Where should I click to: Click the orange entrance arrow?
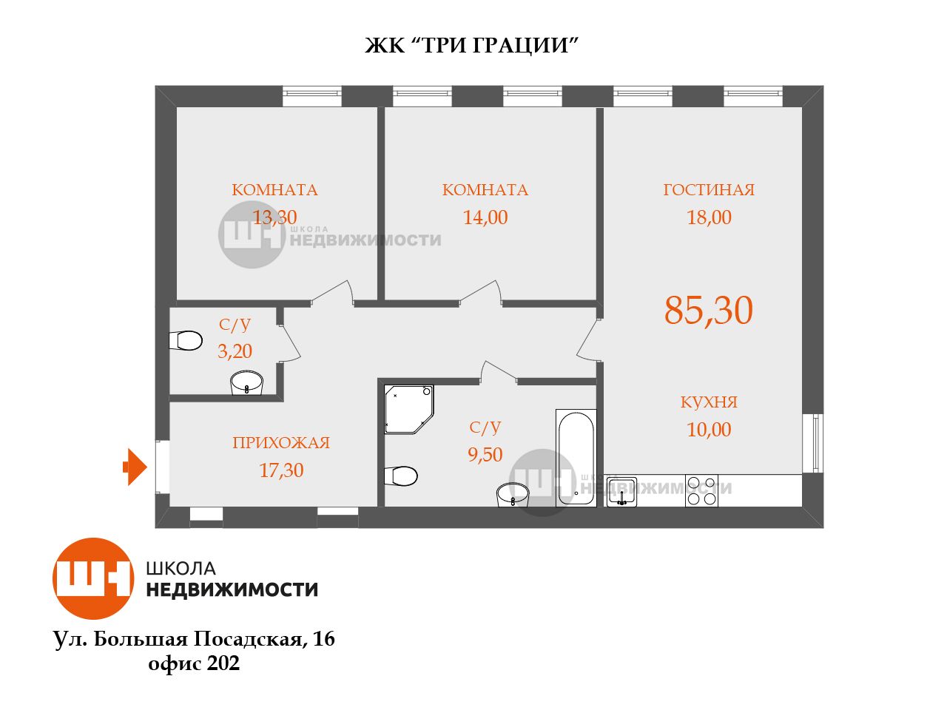135,467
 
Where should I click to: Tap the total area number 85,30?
709,311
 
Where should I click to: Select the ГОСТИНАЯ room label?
709,189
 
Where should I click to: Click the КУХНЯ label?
709,402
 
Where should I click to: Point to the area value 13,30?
274,217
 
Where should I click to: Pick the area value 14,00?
485,217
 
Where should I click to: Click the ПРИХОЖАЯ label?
281,443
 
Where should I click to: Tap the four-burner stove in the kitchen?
702,490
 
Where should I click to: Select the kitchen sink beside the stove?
621,492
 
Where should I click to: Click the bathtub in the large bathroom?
576,458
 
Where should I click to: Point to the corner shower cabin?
408,410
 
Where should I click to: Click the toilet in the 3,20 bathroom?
186,340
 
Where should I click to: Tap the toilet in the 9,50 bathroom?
401,476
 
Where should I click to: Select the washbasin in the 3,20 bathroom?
246,383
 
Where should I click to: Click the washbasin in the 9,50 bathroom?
513,495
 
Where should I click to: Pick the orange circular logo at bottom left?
93,578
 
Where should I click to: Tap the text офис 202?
194,663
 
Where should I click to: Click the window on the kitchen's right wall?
814,443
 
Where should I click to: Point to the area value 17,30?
281,470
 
